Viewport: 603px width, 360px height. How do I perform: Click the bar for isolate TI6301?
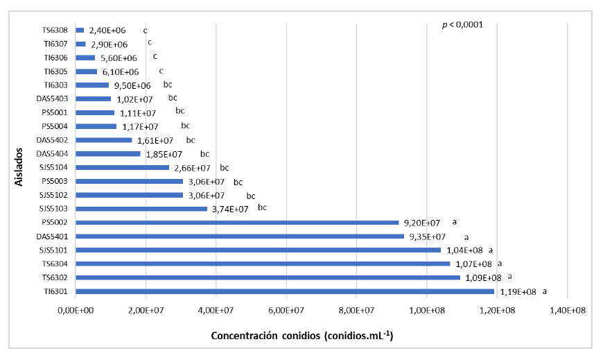tap(284, 291)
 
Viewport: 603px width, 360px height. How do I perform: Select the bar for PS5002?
tap(237, 223)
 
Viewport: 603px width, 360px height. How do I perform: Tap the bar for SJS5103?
tap(141, 209)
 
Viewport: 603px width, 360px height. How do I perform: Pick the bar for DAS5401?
tap(239, 237)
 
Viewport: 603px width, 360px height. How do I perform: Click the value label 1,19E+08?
tap(518, 292)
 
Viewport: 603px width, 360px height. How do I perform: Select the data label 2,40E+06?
tap(107, 31)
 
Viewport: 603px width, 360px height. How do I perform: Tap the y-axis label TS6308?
tap(54, 31)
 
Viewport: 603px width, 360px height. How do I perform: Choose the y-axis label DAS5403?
tap(52, 99)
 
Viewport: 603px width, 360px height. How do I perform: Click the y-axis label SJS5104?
tap(53, 168)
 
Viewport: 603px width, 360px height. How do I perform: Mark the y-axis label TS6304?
tap(54, 264)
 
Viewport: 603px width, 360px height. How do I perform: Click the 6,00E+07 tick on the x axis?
tap(286, 311)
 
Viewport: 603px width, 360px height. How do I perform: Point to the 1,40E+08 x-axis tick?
tap(568, 311)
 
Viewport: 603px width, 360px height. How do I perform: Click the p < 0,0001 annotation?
tap(462, 25)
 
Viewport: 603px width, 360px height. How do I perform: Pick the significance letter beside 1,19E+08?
tap(545, 291)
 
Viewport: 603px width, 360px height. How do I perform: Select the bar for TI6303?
tap(92, 85)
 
